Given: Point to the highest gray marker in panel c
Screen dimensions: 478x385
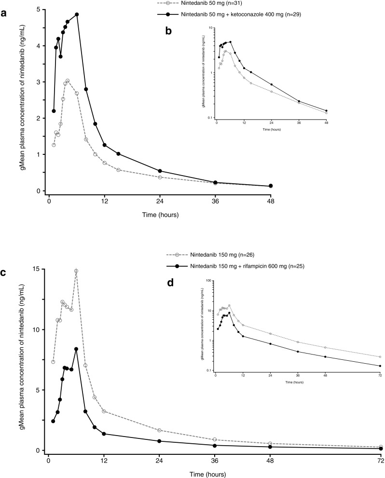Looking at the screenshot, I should pyautogui.click(x=76, y=271).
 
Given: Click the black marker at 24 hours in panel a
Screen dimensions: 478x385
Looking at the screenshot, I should pyautogui.click(x=160, y=171).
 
